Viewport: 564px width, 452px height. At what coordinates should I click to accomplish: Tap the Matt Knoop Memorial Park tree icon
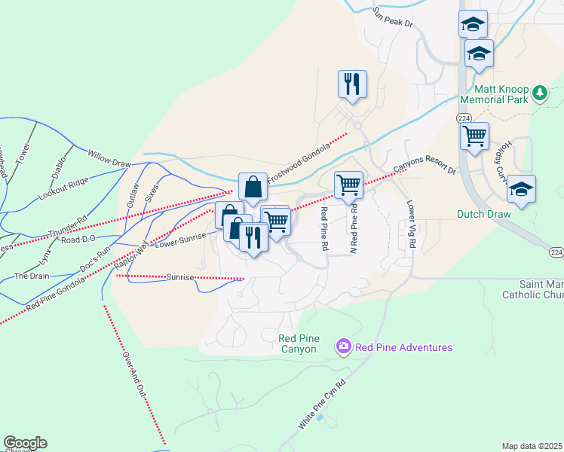539,93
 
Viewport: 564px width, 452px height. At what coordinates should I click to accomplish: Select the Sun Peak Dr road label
394,17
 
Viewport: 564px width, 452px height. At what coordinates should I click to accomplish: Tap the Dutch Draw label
483,214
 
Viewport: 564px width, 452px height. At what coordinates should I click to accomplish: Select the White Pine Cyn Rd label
322,405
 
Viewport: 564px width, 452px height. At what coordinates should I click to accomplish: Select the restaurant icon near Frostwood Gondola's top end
352,85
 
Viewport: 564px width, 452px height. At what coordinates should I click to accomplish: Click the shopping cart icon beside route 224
474,136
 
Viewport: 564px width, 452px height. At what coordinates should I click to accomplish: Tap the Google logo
25,443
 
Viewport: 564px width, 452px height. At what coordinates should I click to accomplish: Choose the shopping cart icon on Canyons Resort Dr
348,185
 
